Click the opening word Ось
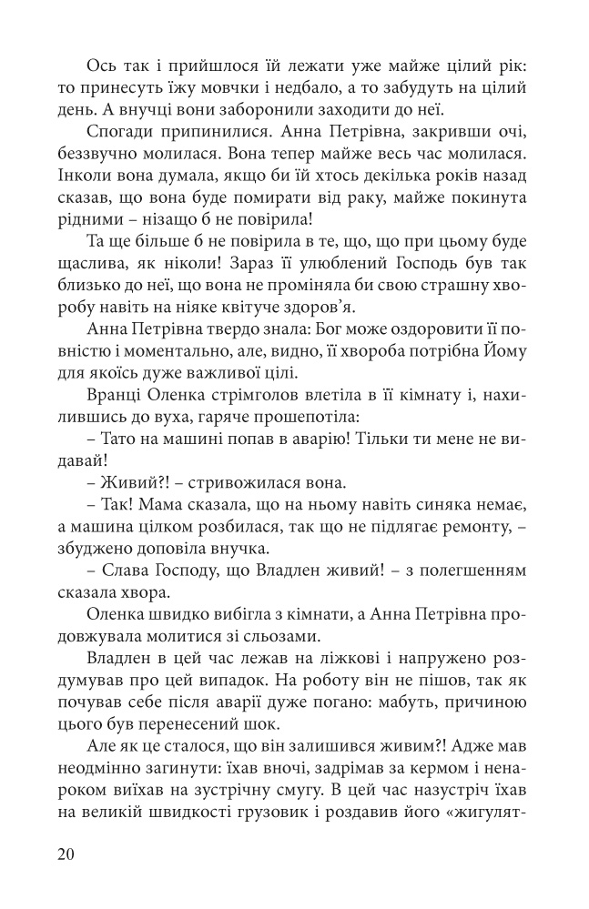pyautogui.click(x=101, y=66)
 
